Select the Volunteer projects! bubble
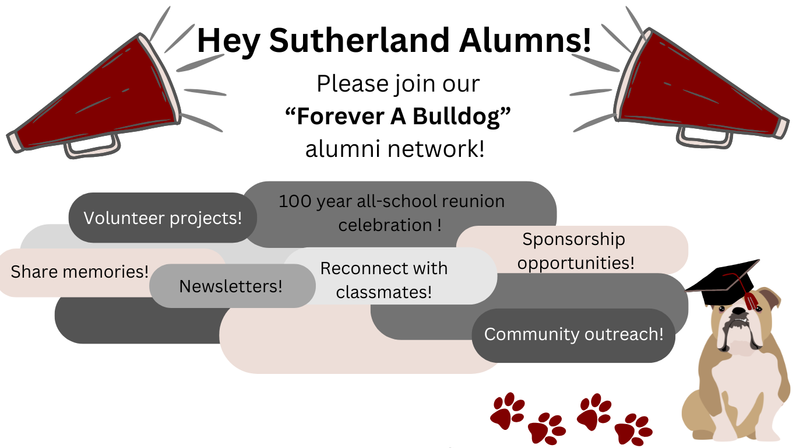point(163,218)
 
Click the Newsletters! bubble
point(231,286)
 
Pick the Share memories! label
point(80,272)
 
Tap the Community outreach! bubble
point(573,335)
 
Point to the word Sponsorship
point(573,239)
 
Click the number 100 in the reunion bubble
point(295,202)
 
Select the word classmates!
point(384,292)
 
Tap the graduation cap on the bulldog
point(724,283)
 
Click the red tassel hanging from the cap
point(751,301)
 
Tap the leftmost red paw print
point(507,409)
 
